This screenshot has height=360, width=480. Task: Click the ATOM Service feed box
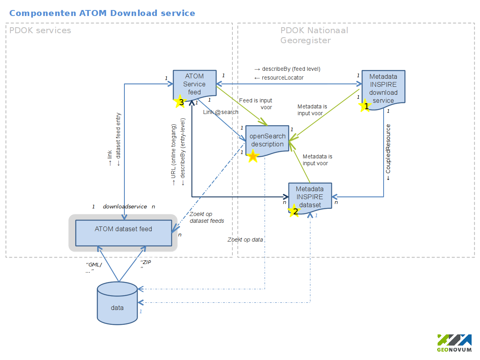point(194,84)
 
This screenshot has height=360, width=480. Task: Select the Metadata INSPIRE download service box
point(383,88)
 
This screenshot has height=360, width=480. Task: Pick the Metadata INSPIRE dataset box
point(310,197)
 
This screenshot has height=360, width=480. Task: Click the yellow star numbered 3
point(181,102)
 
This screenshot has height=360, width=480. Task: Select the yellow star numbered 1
point(366,106)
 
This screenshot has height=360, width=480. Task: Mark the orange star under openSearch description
point(253,156)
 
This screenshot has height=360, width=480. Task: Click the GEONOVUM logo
point(454,343)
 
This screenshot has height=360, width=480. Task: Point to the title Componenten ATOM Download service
point(102,13)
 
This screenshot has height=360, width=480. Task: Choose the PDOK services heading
point(40,30)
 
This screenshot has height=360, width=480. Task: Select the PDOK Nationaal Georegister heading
point(314,35)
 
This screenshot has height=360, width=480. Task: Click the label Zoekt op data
point(245,240)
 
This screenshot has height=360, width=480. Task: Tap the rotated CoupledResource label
point(388,152)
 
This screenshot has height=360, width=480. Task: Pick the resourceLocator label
point(279,78)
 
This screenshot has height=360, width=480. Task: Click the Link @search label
point(220,112)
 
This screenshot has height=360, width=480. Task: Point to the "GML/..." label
point(94,268)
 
